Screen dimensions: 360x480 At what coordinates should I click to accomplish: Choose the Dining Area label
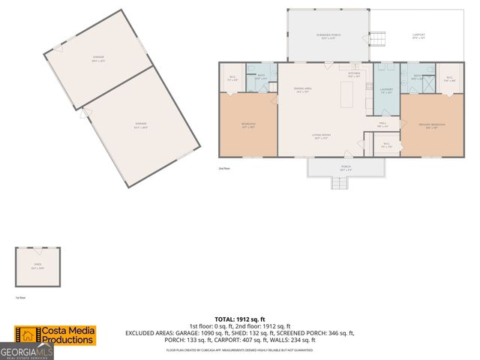[302, 90]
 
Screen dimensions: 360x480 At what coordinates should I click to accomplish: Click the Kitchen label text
[354, 74]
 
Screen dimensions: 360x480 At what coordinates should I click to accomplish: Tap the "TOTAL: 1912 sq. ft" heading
[240, 319]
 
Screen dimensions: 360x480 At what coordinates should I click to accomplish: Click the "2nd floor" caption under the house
[223, 169]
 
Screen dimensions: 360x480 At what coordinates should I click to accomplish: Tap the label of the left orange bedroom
[248, 124]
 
